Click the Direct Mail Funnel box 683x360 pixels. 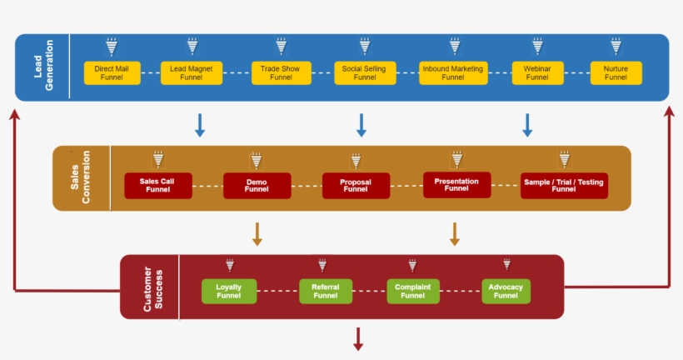pyautogui.click(x=112, y=72)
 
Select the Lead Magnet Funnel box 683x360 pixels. pyautogui.click(x=192, y=72)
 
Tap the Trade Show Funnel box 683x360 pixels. pyautogui.click(x=281, y=72)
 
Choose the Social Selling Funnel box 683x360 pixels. pyautogui.click(x=364, y=72)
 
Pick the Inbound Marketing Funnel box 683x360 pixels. pyautogui.click(x=453, y=72)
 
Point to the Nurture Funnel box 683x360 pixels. pyautogui.click(x=616, y=72)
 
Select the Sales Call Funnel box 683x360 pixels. pyautogui.click(x=157, y=185)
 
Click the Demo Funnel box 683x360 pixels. pyautogui.click(x=257, y=185)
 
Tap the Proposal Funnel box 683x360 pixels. pyautogui.click(x=356, y=185)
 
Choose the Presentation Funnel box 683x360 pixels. pyautogui.click(x=456, y=184)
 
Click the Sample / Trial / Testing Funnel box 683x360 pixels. pyautogui.click(x=564, y=185)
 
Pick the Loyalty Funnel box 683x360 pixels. pyautogui.click(x=229, y=291)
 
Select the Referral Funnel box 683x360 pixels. pyautogui.click(x=326, y=291)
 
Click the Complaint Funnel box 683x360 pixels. pyautogui.click(x=413, y=291)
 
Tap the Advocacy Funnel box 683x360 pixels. pyautogui.click(x=506, y=291)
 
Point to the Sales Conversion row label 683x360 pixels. pyautogui.click(x=81, y=177)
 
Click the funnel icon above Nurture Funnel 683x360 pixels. pyautogui.click(x=616, y=46)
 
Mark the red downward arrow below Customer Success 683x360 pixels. pyautogui.click(x=359, y=338)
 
